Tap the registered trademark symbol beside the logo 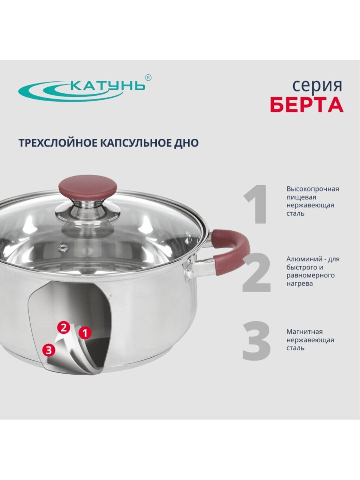click(x=148, y=78)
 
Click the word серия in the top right click(x=317, y=86)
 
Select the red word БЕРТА click(x=307, y=105)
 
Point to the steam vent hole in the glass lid click(x=63, y=247)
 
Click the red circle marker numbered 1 click(x=85, y=333)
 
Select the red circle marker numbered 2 click(x=63, y=328)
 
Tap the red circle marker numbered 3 click(x=48, y=350)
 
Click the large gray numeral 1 click(x=256, y=204)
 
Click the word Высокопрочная click(x=313, y=189)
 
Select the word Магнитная click(x=304, y=332)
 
